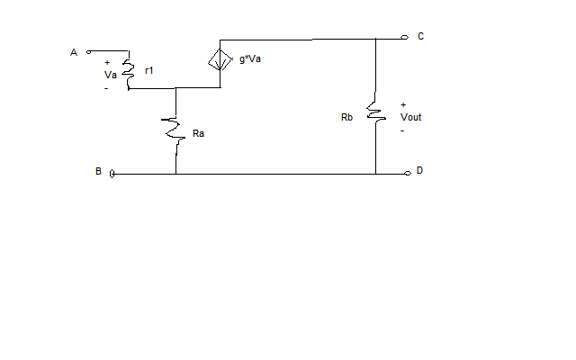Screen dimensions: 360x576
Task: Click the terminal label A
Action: point(74,52)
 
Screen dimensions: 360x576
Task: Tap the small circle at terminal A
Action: point(88,52)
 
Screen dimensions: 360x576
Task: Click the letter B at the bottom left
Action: point(98,171)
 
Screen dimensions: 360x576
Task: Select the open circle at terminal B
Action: point(112,173)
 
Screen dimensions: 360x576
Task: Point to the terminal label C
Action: point(421,36)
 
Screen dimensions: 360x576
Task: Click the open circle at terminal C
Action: point(407,38)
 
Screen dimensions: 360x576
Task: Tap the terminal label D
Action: point(419,170)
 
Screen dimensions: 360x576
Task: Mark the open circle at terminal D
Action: point(407,172)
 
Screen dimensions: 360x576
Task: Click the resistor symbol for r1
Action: point(130,75)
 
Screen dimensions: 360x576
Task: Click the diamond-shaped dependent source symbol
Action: point(220,60)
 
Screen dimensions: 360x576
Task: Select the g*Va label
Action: point(250,58)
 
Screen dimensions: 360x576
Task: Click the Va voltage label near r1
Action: point(111,76)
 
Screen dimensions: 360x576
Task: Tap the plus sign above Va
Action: point(107,63)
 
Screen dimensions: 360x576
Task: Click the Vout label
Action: point(410,117)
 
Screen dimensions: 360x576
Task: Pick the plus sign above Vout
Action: point(402,104)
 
